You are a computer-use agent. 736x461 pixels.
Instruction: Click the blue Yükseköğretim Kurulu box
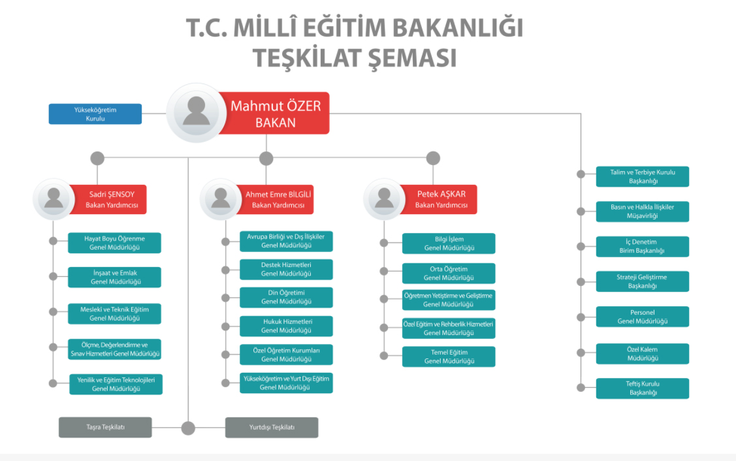click(95, 114)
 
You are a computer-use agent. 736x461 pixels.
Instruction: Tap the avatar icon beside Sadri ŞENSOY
click(54, 199)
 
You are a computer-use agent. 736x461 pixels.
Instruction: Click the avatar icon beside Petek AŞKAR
click(384, 199)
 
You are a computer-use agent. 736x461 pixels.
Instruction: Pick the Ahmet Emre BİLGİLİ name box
click(276, 200)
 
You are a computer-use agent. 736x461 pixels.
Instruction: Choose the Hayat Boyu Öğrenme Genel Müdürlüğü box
click(114, 243)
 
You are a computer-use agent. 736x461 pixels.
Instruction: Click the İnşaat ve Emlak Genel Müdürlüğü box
click(114, 278)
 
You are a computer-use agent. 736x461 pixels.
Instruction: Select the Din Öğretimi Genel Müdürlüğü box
click(286, 298)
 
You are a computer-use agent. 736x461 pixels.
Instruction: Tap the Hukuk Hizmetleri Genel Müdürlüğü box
click(286, 326)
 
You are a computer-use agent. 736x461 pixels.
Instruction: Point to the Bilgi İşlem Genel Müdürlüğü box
click(449, 244)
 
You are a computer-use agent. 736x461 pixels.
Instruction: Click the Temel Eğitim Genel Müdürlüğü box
click(449, 357)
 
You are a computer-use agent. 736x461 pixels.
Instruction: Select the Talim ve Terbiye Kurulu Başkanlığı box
click(643, 176)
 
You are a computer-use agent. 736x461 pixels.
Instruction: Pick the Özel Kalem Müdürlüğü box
click(643, 354)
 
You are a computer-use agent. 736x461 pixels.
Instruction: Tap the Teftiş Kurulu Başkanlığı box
click(643, 389)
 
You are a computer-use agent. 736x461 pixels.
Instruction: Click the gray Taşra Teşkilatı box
click(105, 428)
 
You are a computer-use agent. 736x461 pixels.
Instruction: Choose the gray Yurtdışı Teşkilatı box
click(272, 428)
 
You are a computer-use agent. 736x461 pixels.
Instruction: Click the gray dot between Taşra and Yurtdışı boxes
click(188, 428)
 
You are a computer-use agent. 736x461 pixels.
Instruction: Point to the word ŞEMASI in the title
click(411, 58)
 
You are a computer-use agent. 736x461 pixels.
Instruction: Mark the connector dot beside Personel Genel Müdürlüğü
click(581, 317)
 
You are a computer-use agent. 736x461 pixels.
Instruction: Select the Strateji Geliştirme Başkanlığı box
click(643, 281)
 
